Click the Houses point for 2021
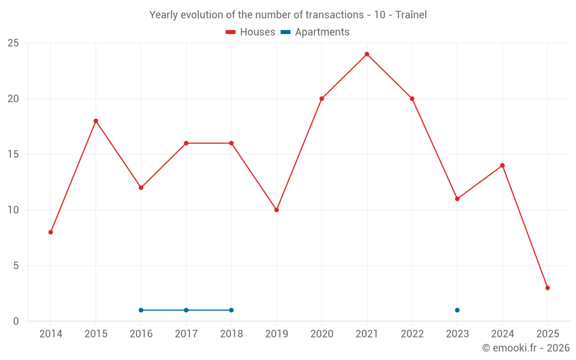(367, 54)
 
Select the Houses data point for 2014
(51, 232)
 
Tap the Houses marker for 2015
(96, 121)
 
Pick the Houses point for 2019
(276, 210)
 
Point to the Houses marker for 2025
(547, 288)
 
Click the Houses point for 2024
(502, 165)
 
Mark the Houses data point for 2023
(457, 199)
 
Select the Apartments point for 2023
(457, 310)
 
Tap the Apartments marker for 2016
(141, 310)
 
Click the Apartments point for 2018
(232, 310)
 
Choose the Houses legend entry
(251, 32)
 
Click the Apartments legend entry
(315, 32)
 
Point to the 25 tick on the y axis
(13, 43)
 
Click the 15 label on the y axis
(13, 154)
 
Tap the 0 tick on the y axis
(16, 321)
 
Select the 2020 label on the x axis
(321, 334)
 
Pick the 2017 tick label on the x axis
(186, 334)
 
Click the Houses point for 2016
(141, 188)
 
